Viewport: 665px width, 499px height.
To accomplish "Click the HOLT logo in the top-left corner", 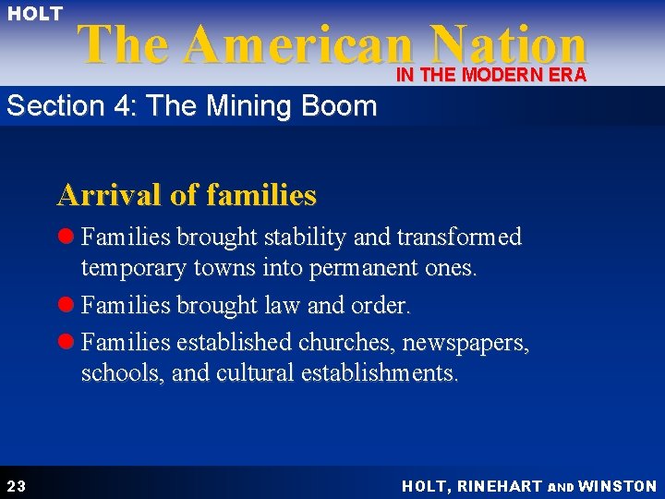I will [35, 14].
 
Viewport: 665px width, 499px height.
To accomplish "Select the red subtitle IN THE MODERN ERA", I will [491, 76].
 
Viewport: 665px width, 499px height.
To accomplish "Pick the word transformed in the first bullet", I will [459, 237].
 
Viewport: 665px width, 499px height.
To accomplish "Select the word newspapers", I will [467, 344].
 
